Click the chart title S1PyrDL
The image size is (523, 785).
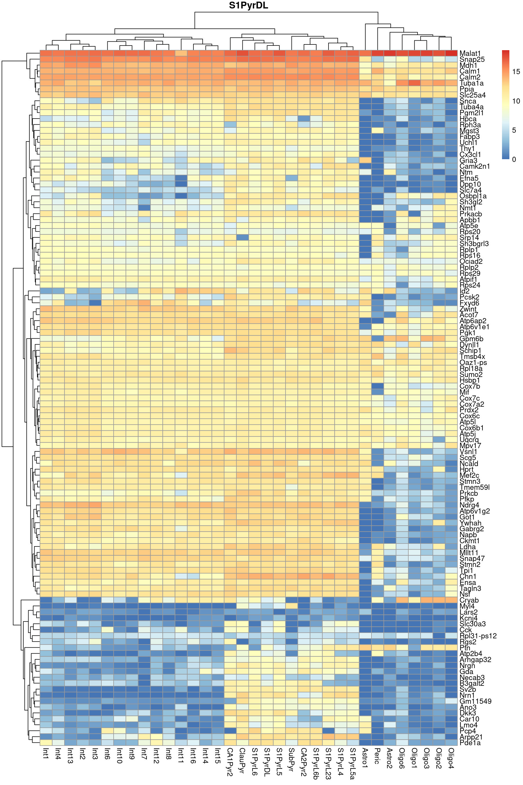pyautogui.click(x=248, y=6)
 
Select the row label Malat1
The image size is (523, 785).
pyautogui.click(x=470, y=53)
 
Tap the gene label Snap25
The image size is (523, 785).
pyautogui.click(x=472, y=59)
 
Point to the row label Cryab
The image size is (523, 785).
pyautogui.click(x=469, y=600)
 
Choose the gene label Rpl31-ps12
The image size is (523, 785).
pyautogui.click(x=478, y=636)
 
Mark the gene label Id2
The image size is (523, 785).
pyautogui.click(x=464, y=291)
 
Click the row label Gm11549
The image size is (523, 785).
pyautogui.click(x=475, y=701)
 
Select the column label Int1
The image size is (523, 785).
pyautogui.click(x=46, y=753)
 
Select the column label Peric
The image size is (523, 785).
pyautogui.click(x=378, y=756)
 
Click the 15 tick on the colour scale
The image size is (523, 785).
pyautogui.click(x=516, y=71)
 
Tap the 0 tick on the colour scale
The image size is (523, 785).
pyautogui.click(x=514, y=159)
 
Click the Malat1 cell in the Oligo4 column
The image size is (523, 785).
pyautogui.click(x=451, y=53)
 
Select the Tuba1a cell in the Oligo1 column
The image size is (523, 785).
pyautogui.click(x=414, y=83)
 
